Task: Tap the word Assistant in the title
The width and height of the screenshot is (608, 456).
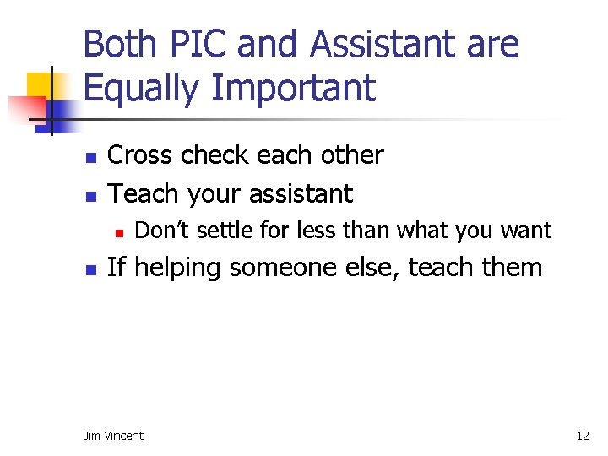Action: point(383,45)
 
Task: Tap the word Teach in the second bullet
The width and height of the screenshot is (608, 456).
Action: point(144,193)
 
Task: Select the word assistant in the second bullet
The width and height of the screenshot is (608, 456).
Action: point(295,193)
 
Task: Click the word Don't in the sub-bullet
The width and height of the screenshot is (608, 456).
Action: point(160,231)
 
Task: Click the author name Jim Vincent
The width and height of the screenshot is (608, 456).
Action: point(113,436)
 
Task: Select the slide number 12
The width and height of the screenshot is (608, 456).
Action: point(582,436)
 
